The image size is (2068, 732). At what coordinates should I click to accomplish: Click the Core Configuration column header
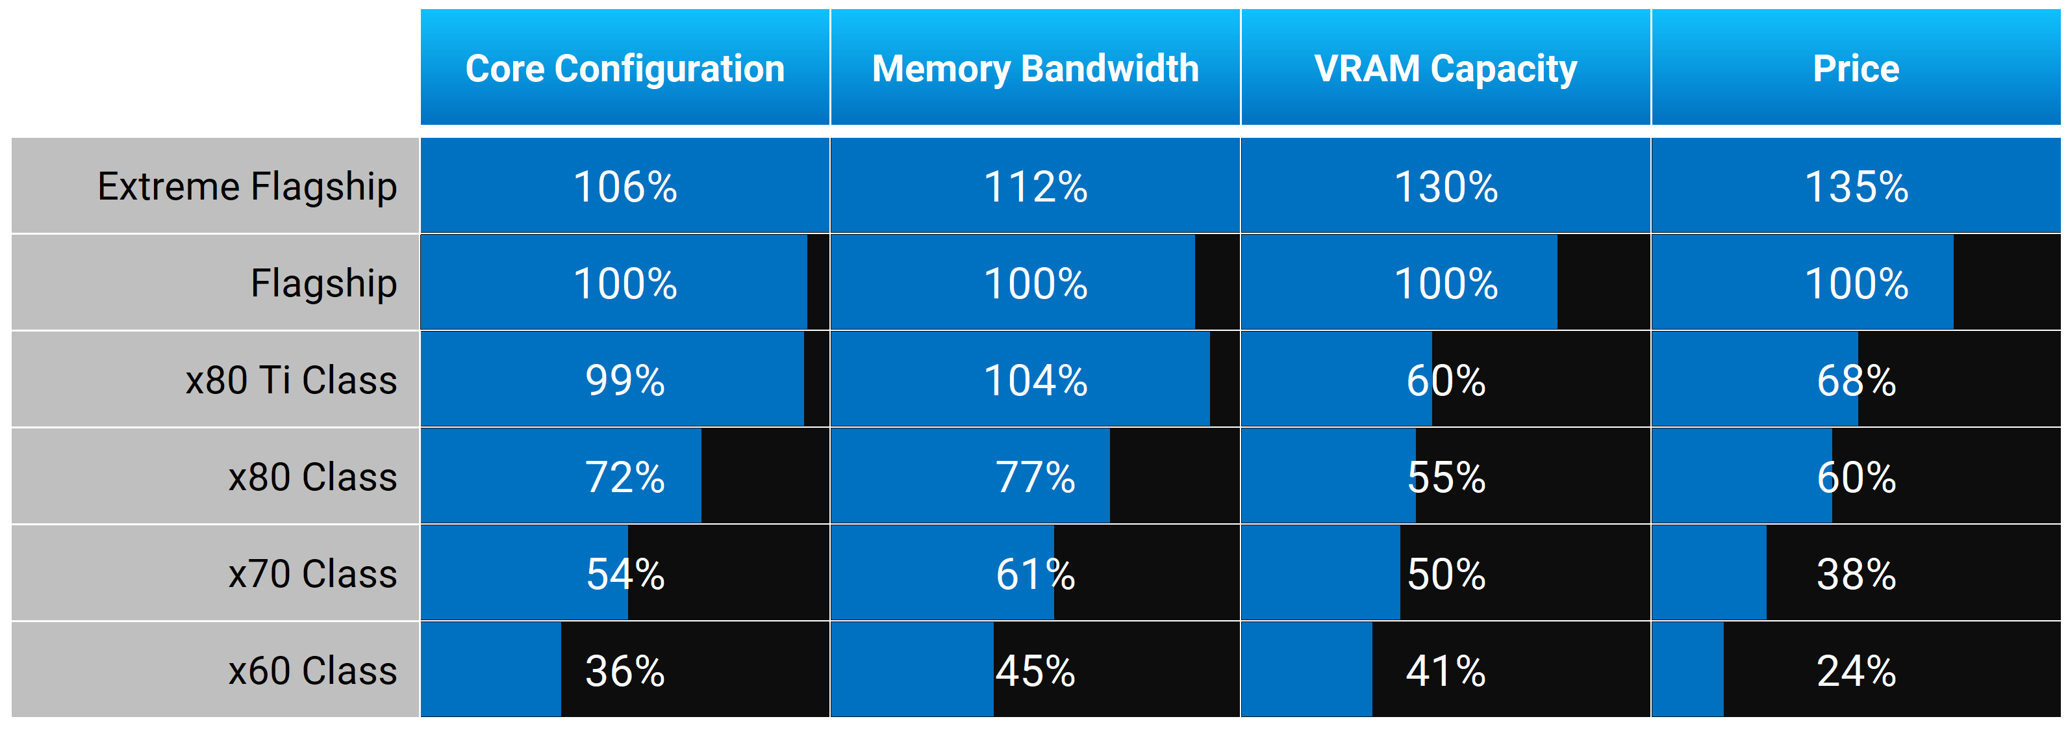point(625,69)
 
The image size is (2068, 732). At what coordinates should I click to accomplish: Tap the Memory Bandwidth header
point(1035,69)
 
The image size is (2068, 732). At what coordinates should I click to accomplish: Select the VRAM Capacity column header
point(1445,69)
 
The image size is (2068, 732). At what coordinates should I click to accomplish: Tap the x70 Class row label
point(312,574)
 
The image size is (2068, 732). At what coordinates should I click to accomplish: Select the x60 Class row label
point(312,670)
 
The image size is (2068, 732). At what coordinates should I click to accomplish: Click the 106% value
point(625,187)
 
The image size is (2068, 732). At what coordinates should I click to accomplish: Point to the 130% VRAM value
point(1445,187)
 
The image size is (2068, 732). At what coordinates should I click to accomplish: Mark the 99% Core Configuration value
point(625,380)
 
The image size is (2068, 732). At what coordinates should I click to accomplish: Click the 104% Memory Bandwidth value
point(1035,380)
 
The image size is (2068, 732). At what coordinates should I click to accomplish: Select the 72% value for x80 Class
point(625,477)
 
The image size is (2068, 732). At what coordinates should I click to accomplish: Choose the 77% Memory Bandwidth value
point(1035,477)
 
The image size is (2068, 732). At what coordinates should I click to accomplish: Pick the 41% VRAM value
point(1445,670)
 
